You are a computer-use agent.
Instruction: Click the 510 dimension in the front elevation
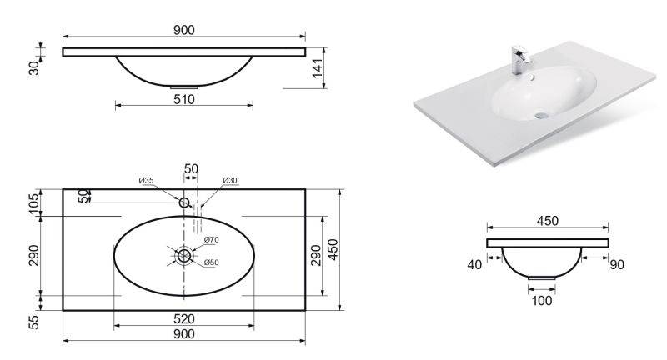184,99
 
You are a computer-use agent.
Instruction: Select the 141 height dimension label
318,68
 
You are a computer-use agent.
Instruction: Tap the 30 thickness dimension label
34,68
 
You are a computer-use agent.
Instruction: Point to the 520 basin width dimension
184,319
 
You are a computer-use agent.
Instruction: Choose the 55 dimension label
34,322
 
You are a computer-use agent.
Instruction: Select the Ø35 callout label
146,180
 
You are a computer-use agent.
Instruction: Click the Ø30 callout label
230,180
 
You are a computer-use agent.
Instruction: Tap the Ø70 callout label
211,240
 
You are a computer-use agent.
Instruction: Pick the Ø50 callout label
211,262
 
